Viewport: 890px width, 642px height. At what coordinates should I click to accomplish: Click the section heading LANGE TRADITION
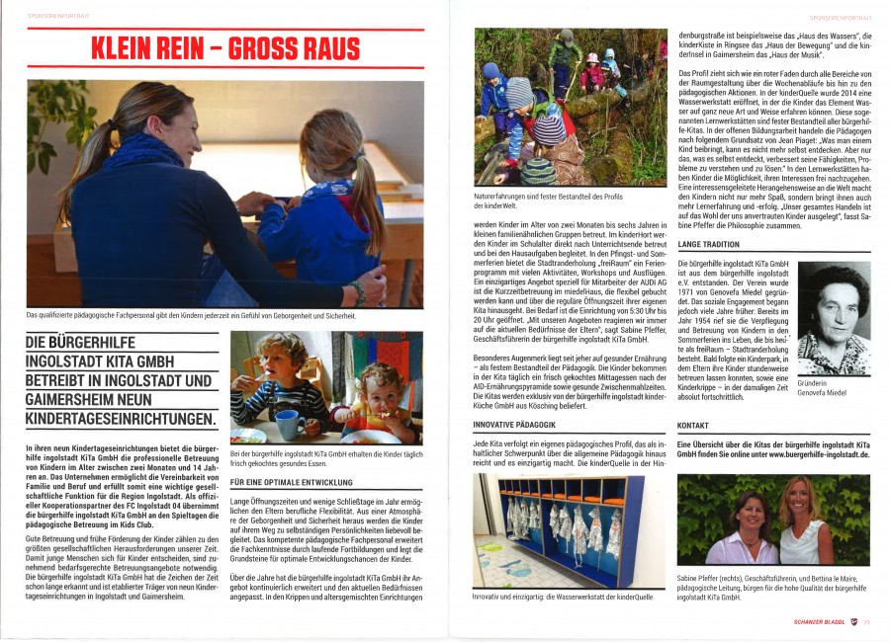pos(709,244)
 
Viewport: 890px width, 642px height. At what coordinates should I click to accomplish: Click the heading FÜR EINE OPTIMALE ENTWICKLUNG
pos(292,482)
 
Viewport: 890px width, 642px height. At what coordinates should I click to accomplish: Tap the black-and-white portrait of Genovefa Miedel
pos(833,318)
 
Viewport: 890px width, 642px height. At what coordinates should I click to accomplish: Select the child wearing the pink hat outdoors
pos(591,71)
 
